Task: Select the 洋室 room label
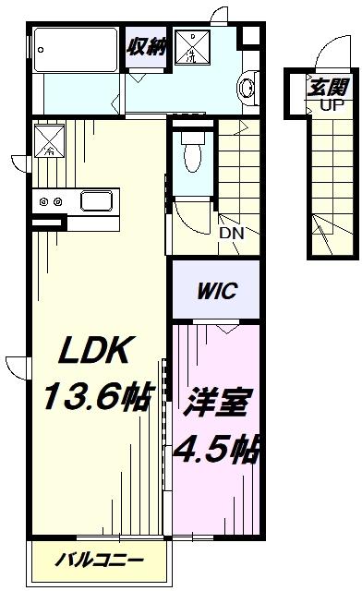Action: click(x=217, y=403)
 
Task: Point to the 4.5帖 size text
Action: click(x=217, y=450)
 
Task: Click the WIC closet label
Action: click(x=217, y=291)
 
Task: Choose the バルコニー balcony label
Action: click(x=100, y=560)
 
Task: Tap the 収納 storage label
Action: click(x=147, y=47)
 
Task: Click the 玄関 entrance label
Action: click(x=328, y=88)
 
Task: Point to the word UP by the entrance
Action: click(x=332, y=105)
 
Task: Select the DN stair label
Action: click(x=232, y=234)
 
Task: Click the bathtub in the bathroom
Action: click(x=76, y=50)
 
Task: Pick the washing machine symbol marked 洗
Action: click(x=192, y=47)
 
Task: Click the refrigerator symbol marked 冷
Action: click(x=49, y=141)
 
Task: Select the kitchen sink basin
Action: click(x=97, y=201)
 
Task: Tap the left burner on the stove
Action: click(x=44, y=201)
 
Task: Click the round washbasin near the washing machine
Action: click(x=247, y=88)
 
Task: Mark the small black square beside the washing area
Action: click(x=248, y=36)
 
